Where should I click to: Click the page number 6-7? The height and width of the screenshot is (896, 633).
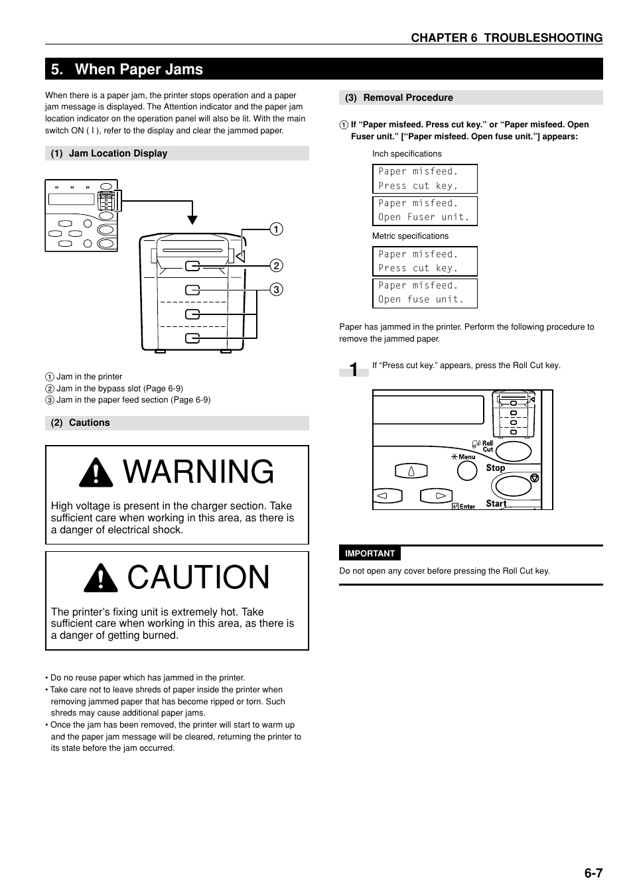[x=593, y=873]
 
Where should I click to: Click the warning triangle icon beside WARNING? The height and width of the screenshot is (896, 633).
[x=96, y=472]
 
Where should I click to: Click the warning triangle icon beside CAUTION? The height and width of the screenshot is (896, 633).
[x=100, y=578]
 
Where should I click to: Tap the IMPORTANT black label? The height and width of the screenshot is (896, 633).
[x=370, y=554]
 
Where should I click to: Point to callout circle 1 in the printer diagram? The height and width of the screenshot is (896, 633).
[x=276, y=229]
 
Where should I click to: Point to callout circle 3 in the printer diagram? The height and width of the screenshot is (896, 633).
[x=276, y=289]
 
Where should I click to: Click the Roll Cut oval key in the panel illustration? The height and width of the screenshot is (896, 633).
[x=514, y=452]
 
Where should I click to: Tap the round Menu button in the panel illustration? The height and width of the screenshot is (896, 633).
[x=467, y=470]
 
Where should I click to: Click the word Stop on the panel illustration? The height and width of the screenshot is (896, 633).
[x=495, y=468]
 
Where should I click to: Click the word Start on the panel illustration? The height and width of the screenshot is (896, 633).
[x=496, y=503]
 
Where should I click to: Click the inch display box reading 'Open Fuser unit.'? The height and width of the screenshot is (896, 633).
[x=425, y=210]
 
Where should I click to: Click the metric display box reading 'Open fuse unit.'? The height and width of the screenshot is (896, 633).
[x=425, y=292]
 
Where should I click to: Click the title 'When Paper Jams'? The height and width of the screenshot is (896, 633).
[x=138, y=69]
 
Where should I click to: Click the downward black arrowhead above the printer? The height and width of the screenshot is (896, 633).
[x=192, y=220]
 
